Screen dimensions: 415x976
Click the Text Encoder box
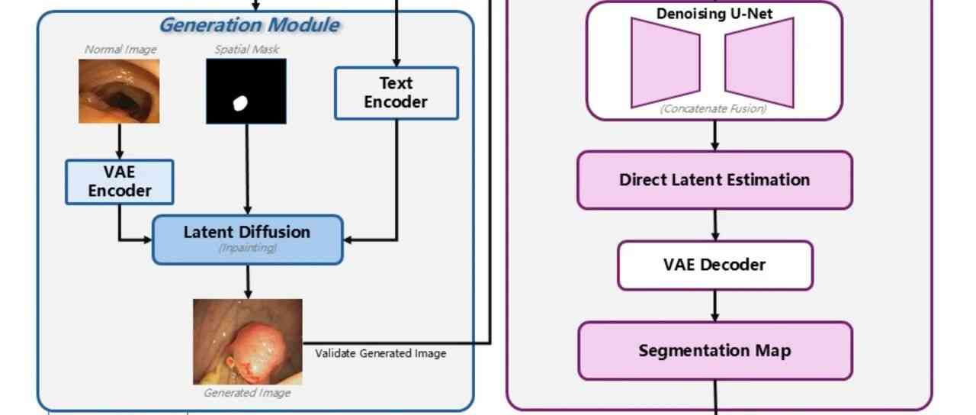click(x=396, y=93)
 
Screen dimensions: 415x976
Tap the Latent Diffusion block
click(x=247, y=239)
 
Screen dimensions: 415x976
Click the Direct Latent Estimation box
click(x=714, y=180)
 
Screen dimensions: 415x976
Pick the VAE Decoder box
click(x=714, y=265)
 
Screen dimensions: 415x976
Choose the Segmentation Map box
click(x=714, y=351)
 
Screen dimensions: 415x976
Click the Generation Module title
click(x=249, y=25)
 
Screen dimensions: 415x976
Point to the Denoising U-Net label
click(x=714, y=14)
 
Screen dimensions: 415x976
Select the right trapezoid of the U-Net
click(x=760, y=63)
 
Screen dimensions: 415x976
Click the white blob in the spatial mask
click(x=241, y=103)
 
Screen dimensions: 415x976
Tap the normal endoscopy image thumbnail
click(x=119, y=91)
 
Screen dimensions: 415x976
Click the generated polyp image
click(x=247, y=341)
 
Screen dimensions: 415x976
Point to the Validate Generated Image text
click(x=380, y=354)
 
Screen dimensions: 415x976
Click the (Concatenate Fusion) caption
click(x=714, y=109)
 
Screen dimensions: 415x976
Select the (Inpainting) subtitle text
click(x=247, y=248)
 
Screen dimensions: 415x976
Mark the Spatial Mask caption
click(x=246, y=50)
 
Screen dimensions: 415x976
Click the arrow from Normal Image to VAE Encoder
click(x=119, y=141)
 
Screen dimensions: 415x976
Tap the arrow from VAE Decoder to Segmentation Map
click(x=714, y=306)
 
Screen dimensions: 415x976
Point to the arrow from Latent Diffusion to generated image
click(x=247, y=281)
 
